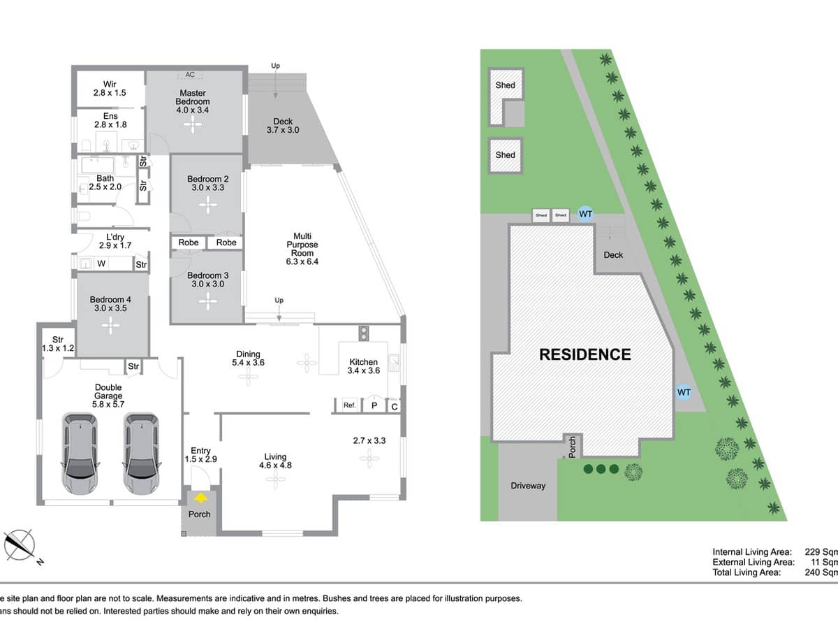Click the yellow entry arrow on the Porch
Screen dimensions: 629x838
click(x=201, y=498)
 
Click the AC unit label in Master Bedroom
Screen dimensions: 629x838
click(x=189, y=75)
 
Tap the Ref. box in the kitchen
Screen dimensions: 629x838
click(x=350, y=405)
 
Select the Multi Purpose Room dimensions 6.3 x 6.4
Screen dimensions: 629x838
click(x=302, y=261)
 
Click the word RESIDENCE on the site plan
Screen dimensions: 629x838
click(x=585, y=354)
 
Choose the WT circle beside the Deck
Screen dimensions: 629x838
click(x=585, y=214)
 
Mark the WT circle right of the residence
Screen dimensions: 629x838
click(x=684, y=393)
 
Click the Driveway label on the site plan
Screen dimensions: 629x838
click(x=527, y=486)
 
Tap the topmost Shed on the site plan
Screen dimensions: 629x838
click(x=505, y=86)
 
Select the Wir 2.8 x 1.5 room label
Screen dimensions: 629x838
click(x=110, y=88)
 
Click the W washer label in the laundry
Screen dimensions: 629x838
click(x=101, y=263)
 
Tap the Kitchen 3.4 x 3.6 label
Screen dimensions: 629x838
click(x=364, y=366)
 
